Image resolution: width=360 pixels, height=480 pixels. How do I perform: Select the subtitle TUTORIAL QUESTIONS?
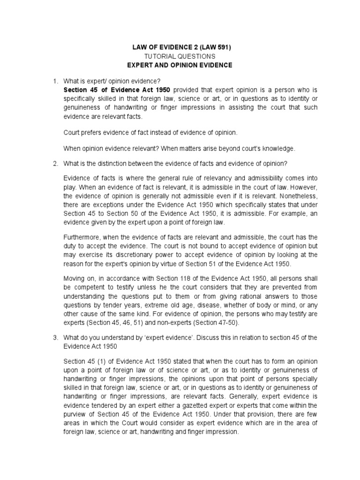[180, 56]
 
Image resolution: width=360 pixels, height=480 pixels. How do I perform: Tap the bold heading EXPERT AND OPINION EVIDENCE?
[180, 65]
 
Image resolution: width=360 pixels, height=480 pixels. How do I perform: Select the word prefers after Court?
[92, 133]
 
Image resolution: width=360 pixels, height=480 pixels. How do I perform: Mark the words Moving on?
[78, 279]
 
